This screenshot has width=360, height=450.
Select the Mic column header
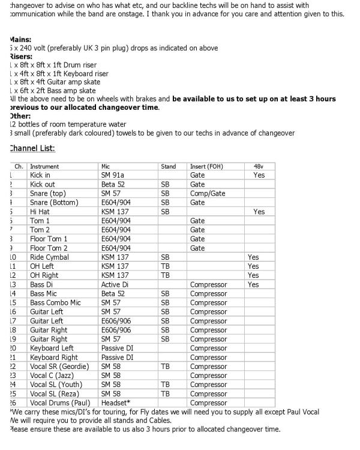click(107, 166)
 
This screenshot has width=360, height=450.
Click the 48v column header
click(259, 166)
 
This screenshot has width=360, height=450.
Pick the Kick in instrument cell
click(40, 175)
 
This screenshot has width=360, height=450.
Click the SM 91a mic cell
click(113, 175)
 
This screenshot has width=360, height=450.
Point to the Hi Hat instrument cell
click(40, 212)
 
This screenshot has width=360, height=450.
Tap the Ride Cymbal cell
click(49, 257)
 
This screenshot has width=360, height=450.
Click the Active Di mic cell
click(114, 284)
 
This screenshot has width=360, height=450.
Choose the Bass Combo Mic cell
click(55, 303)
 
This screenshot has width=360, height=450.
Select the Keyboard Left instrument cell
click(52, 348)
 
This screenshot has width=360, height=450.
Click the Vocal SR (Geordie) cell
click(59, 367)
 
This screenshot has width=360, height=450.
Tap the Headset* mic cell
click(116, 403)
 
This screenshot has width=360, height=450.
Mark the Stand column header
click(169, 166)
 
